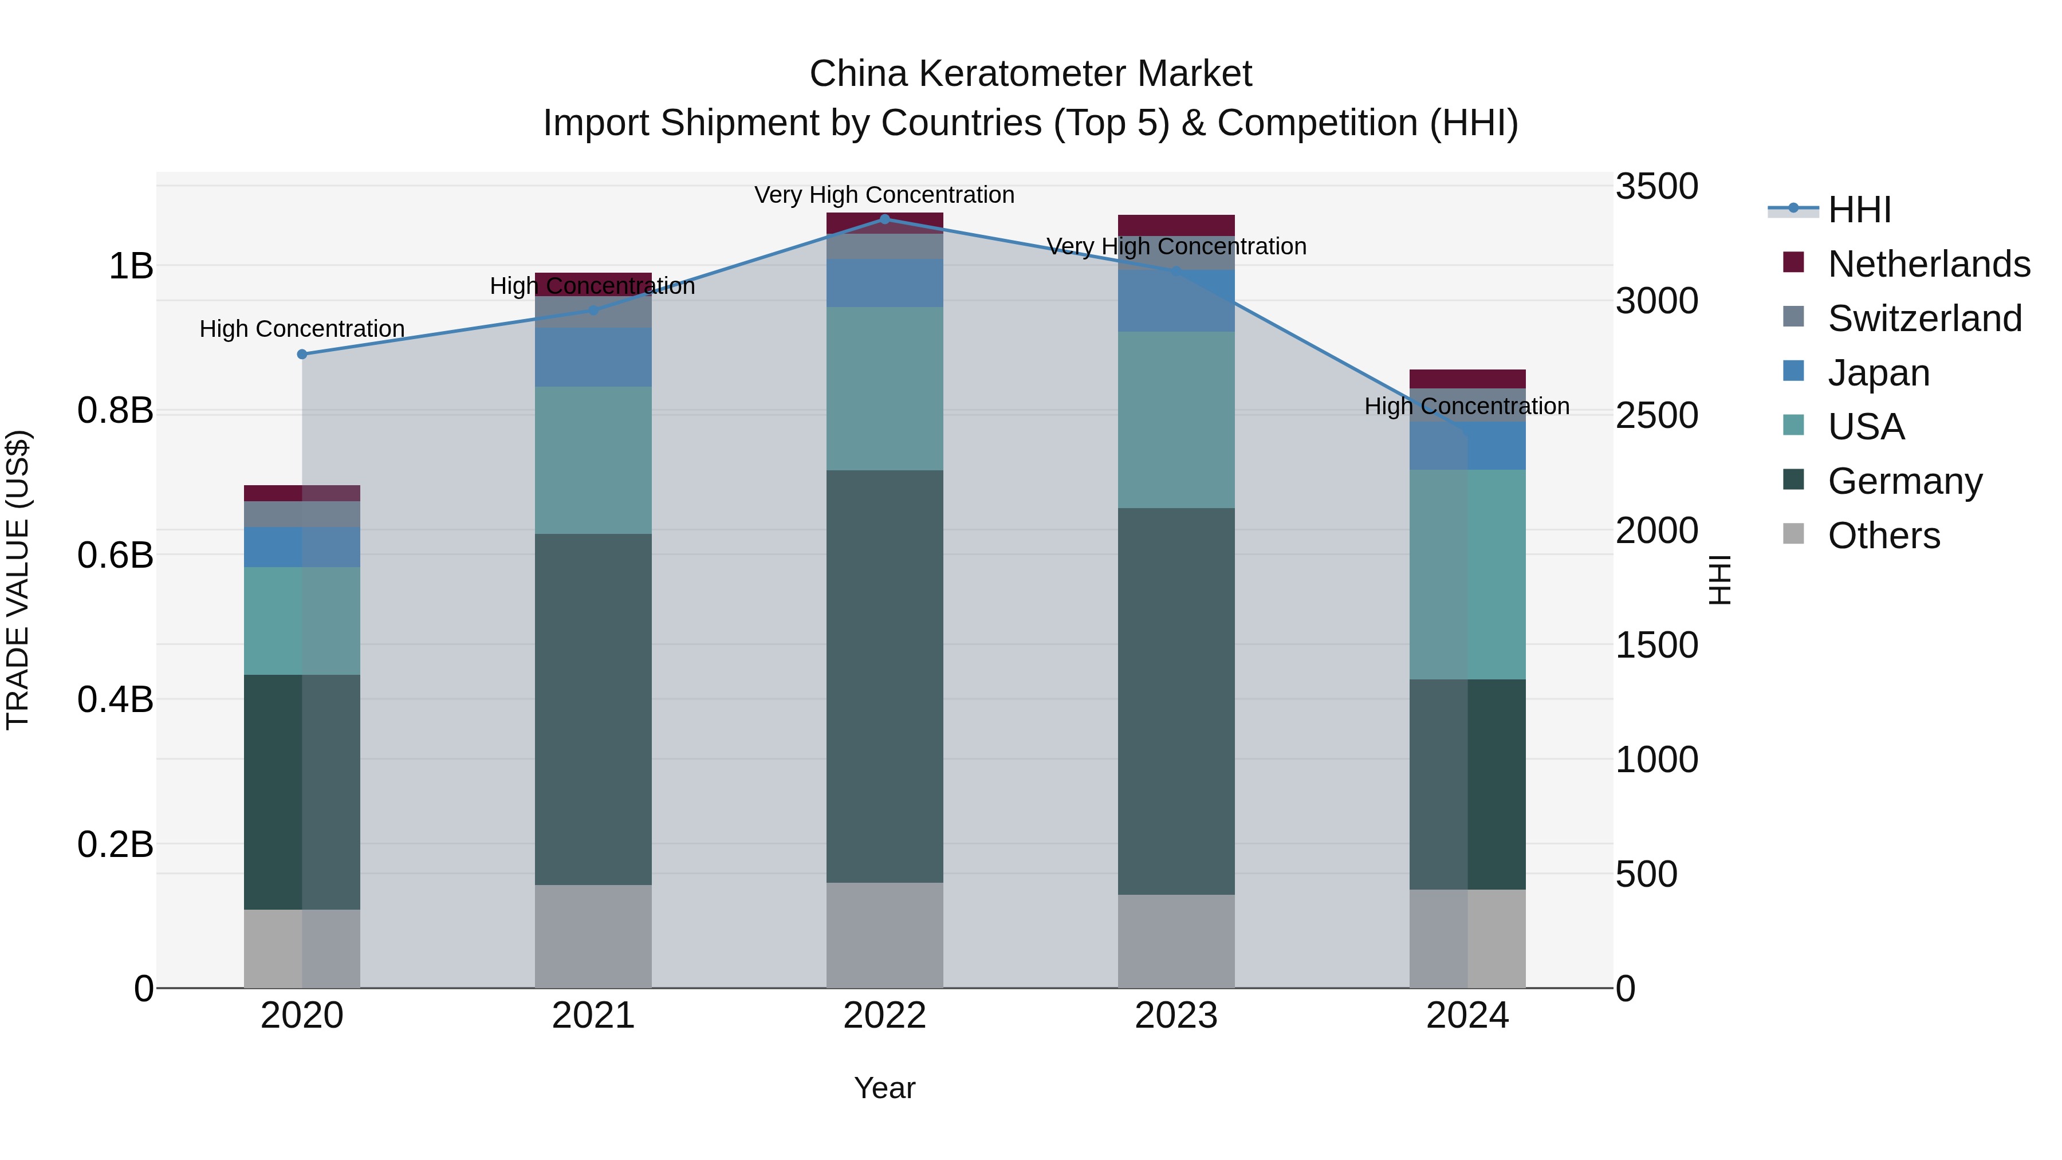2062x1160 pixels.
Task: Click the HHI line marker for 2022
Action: pos(884,219)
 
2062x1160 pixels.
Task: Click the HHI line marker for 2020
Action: pos(302,354)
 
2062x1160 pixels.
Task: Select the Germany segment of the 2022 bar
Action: pos(884,677)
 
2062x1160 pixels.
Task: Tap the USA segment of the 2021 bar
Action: pos(593,461)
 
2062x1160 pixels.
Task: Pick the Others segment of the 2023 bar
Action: pos(1176,941)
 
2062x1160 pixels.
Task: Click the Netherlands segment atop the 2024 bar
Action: pos(1467,379)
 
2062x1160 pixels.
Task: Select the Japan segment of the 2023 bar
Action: pos(1176,301)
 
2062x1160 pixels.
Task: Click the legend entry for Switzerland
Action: pos(1925,318)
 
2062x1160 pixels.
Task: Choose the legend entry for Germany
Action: pos(1905,481)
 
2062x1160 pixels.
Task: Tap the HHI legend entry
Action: pos(1859,210)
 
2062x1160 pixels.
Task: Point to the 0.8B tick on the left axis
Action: pos(115,410)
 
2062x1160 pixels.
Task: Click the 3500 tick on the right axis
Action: pos(1656,187)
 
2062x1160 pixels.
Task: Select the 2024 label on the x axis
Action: pos(1467,1015)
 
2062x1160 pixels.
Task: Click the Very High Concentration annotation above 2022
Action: pos(884,195)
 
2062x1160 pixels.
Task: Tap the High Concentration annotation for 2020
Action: pos(302,328)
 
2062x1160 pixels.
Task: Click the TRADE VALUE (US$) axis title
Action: pos(18,580)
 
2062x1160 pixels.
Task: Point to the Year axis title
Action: pos(884,1088)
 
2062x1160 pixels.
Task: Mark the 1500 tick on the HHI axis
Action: pos(1656,645)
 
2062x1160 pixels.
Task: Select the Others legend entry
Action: pos(1883,536)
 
